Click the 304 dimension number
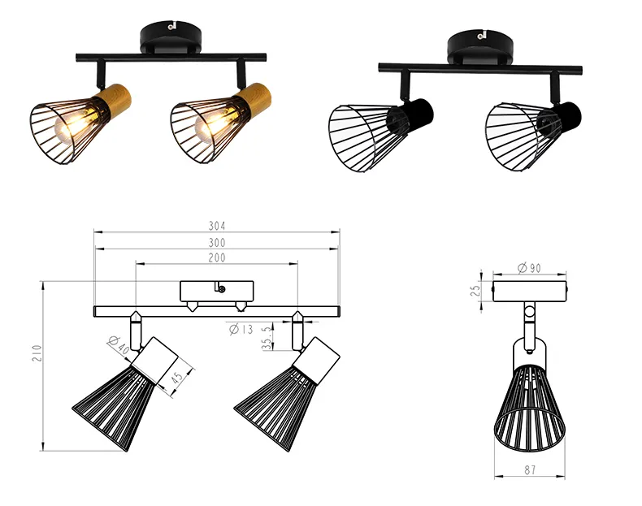217,226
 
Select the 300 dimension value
217,242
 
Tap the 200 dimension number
217,258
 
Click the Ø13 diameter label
241,329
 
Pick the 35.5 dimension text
267,339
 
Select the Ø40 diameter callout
119,345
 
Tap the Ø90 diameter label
529,268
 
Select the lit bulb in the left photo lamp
79,123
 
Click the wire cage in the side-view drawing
530,407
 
